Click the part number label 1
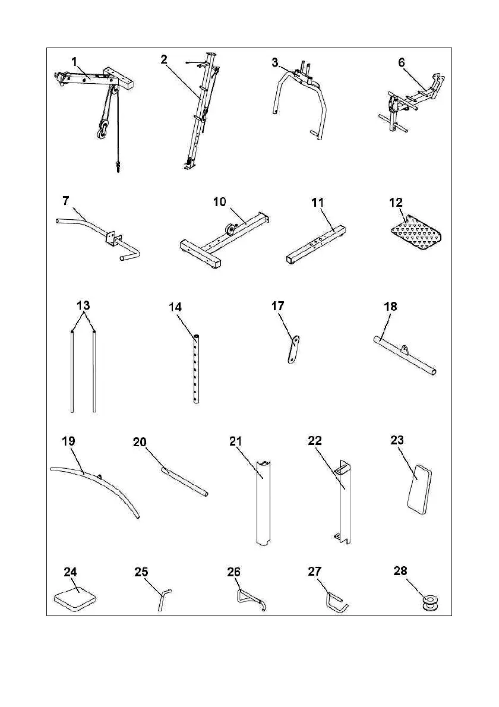pyautogui.click(x=74, y=61)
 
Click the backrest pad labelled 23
pyautogui.click(x=418, y=490)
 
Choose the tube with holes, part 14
pyautogui.click(x=196, y=368)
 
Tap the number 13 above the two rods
pyautogui.click(x=83, y=305)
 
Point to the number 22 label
pyautogui.click(x=315, y=441)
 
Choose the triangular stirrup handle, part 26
pyautogui.click(x=250, y=598)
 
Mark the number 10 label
pyautogui.click(x=220, y=202)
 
